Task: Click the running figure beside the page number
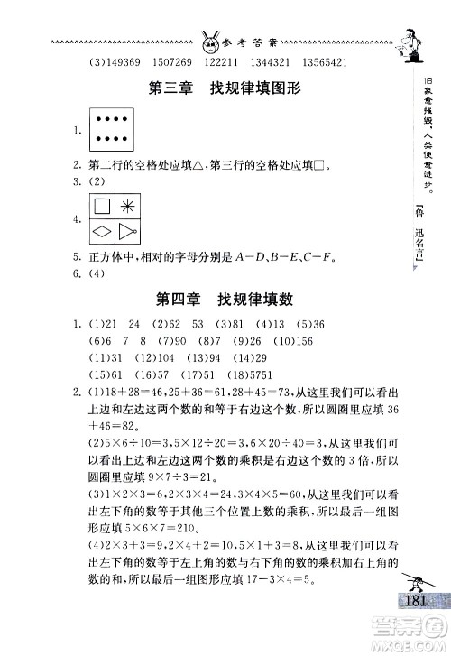(421, 575)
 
